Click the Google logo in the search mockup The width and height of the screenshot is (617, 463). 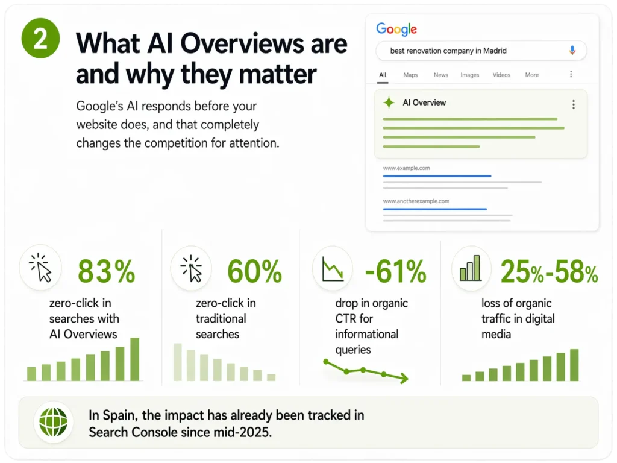396,29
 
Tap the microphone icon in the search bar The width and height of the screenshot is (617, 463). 572,51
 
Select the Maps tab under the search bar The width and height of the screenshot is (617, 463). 410,75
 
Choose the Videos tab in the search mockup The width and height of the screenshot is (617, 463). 501,75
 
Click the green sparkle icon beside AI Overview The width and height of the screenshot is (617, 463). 389,103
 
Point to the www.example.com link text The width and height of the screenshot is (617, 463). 406,168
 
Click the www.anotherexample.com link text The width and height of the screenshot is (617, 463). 416,201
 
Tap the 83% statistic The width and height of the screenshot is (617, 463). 107,271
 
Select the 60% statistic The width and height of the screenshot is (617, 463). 254,271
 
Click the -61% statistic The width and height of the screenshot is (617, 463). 395,271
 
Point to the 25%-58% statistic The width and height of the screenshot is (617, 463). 549,272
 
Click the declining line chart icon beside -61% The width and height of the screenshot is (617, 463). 333,269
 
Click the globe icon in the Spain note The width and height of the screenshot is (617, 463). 53,422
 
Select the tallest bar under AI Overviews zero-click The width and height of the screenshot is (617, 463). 134,359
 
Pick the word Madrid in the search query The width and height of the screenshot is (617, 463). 495,51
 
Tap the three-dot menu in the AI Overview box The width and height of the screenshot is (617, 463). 573,104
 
